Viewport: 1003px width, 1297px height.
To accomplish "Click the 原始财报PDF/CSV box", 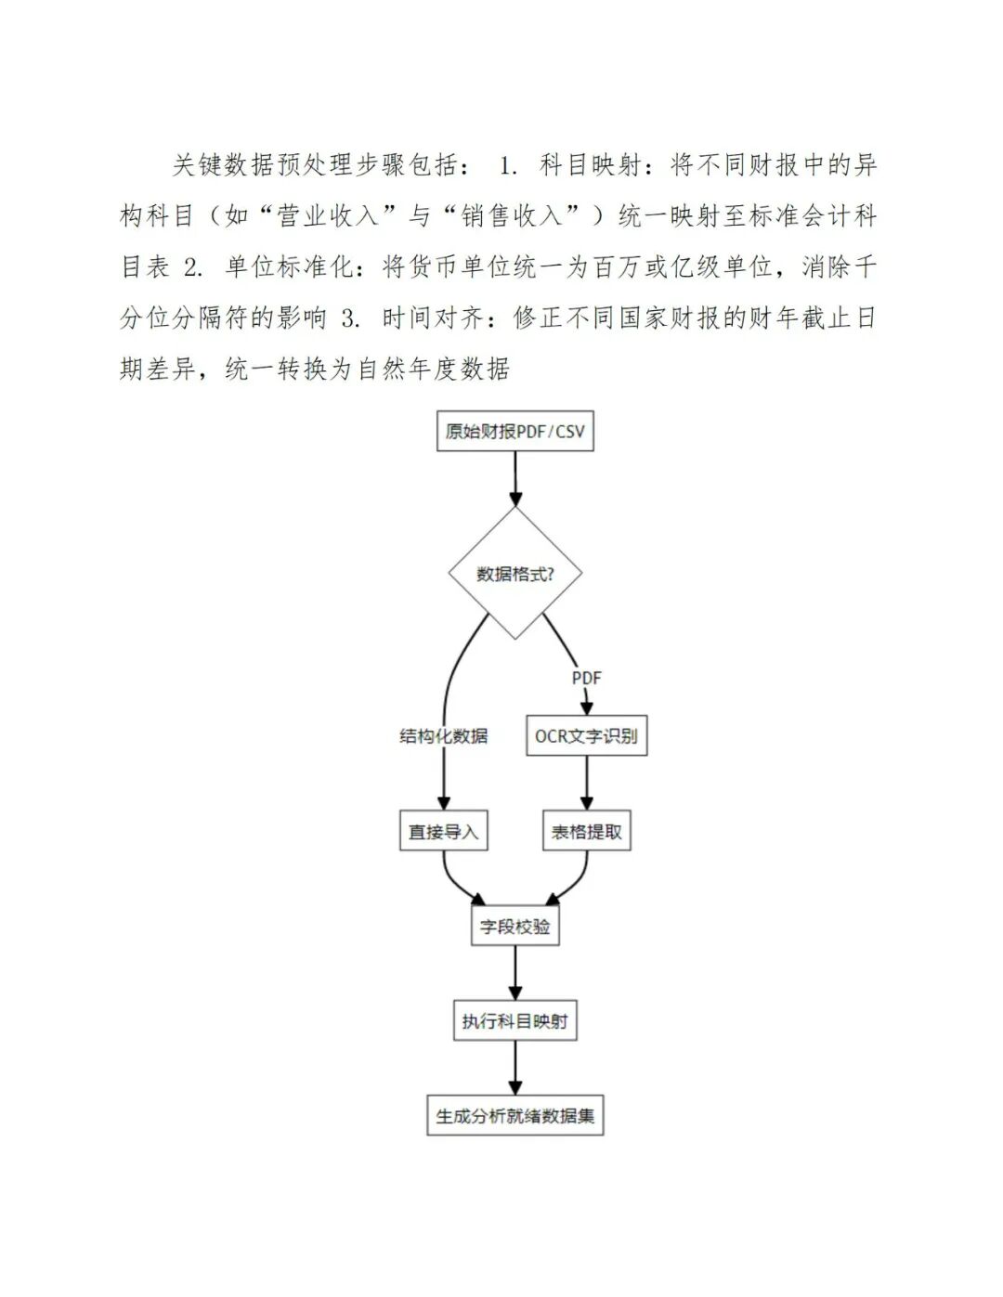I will [515, 432].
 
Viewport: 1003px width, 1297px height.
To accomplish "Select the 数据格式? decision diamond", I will [515, 573].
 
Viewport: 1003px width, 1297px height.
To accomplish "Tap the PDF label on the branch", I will [586, 678].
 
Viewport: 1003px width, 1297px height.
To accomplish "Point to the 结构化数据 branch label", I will [443, 736].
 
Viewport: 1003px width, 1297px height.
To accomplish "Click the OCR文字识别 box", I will [586, 736].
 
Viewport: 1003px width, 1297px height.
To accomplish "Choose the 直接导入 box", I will [443, 832].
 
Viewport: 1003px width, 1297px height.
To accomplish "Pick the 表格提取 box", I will [586, 832].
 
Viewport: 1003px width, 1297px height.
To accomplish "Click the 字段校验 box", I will [515, 927].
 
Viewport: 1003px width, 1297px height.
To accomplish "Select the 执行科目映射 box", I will [515, 1021].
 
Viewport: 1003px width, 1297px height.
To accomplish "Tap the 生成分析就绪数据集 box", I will [515, 1116].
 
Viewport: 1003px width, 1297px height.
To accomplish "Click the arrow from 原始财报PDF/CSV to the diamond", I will [515, 478].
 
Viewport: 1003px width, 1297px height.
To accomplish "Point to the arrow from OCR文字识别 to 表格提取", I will [586, 784].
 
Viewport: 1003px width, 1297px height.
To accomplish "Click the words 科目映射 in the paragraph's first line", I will [590, 165].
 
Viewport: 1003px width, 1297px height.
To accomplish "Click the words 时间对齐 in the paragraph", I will [433, 318].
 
